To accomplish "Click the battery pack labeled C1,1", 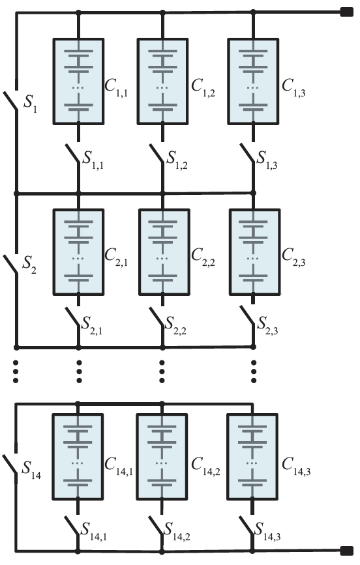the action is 79,81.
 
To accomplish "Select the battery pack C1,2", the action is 162,81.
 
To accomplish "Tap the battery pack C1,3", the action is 253,81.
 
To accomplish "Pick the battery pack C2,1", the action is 79,252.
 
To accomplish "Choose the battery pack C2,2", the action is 164,252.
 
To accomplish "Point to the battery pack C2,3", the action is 254,252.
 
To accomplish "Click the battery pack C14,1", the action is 78,457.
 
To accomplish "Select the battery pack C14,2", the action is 162,457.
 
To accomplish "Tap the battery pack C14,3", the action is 252,457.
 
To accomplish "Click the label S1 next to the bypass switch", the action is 30,104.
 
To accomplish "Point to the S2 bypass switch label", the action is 29,265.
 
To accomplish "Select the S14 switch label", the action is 31,470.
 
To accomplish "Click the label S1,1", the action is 93,160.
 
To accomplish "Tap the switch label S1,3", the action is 267,160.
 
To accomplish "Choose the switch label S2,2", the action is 175,326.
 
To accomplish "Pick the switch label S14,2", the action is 177,532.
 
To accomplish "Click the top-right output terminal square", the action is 347,12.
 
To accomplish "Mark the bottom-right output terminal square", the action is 347,551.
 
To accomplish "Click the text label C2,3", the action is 293,257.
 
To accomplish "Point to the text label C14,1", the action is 118,467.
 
